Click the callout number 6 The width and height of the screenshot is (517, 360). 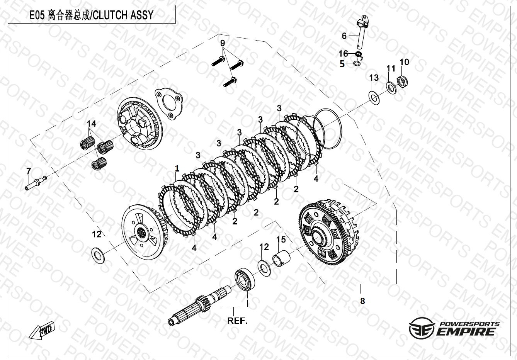[344, 36]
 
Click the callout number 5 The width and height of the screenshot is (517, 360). [342, 65]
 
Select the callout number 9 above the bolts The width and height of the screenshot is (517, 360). [223, 42]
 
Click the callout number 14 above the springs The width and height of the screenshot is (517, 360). [91, 124]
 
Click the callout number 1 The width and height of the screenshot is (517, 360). [177, 168]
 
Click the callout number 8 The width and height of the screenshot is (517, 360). [362, 301]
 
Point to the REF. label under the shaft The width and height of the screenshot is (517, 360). [237, 321]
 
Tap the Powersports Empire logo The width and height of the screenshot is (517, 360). [454, 328]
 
